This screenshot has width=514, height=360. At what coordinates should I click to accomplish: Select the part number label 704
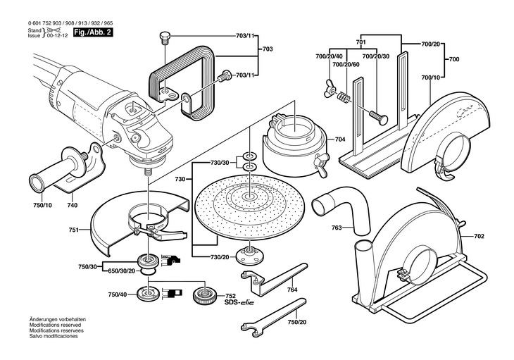coord(340,139)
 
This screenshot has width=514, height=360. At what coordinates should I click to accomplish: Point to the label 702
coord(479,237)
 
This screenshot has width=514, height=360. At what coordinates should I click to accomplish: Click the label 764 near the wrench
coord(292,290)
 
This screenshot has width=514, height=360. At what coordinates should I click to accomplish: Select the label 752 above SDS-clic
coord(230,296)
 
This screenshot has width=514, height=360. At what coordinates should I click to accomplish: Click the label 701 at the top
coord(361,42)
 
